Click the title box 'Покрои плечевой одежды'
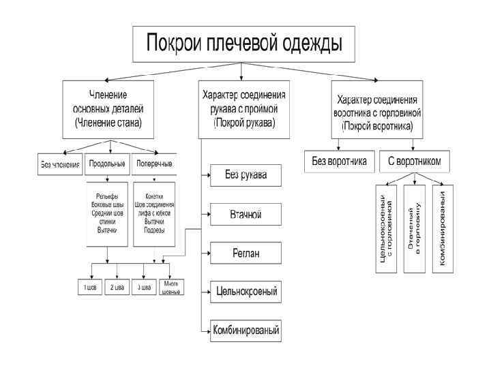[x=243, y=44]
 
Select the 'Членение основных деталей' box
[x=108, y=108]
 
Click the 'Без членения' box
[x=59, y=164]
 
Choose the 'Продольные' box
[x=107, y=164]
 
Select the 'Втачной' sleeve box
[x=245, y=215]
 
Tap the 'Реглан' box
[x=245, y=254]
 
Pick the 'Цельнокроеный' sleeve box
[x=245, y=292]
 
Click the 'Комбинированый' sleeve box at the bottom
[x=245, y=330]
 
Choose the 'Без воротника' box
[x=339, y=162]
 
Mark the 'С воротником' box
[x=415, y=162]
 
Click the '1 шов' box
[x=89, y=287]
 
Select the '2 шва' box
[x=117, y=287]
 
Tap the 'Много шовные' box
[x=170, y=287]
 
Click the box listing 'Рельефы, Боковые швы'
[x=107, y=215]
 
